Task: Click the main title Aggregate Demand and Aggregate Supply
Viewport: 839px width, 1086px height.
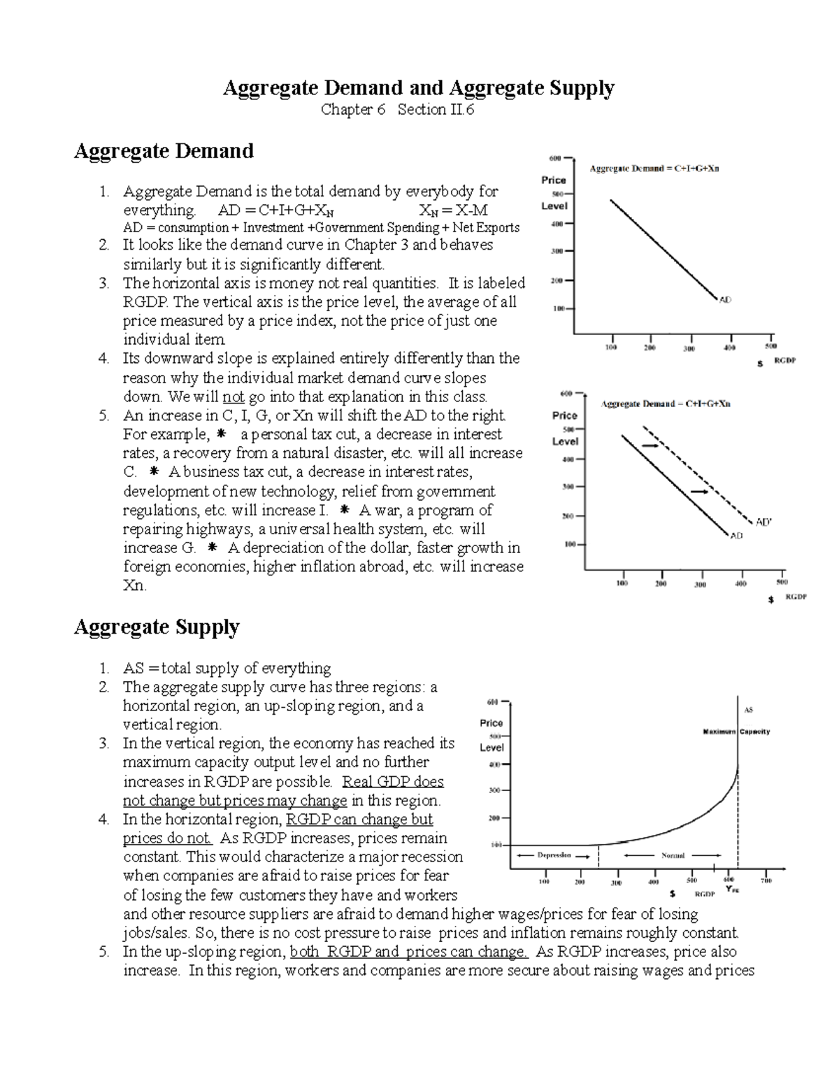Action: (418, 88)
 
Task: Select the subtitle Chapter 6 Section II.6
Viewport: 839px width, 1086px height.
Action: (397, 110)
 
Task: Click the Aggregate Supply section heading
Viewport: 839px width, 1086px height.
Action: (157, 627)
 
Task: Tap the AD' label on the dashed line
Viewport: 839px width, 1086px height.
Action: (764, 522)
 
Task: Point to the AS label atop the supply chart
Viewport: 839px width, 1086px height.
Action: (748, 710)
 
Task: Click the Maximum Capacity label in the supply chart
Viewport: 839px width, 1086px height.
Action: (736, 731)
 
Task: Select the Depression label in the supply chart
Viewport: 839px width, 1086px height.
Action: (554, 855)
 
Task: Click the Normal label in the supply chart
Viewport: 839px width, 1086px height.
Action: (673, 855)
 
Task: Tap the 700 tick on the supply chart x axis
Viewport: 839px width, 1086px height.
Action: (767, 881)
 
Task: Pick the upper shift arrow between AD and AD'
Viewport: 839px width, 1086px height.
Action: (650, 445)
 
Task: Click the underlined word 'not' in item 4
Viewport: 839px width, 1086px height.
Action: (233, 396)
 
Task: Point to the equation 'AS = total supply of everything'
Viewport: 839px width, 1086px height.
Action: (227, 668)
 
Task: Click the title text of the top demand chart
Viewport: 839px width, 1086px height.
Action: (654, 169)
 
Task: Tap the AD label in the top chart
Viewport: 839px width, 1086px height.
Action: (725, 300)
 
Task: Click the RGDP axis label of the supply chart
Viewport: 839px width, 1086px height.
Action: (704, 894)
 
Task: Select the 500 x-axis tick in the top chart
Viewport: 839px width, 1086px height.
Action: (770, 346)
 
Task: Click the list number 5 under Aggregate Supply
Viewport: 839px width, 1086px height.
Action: (104, 952)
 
